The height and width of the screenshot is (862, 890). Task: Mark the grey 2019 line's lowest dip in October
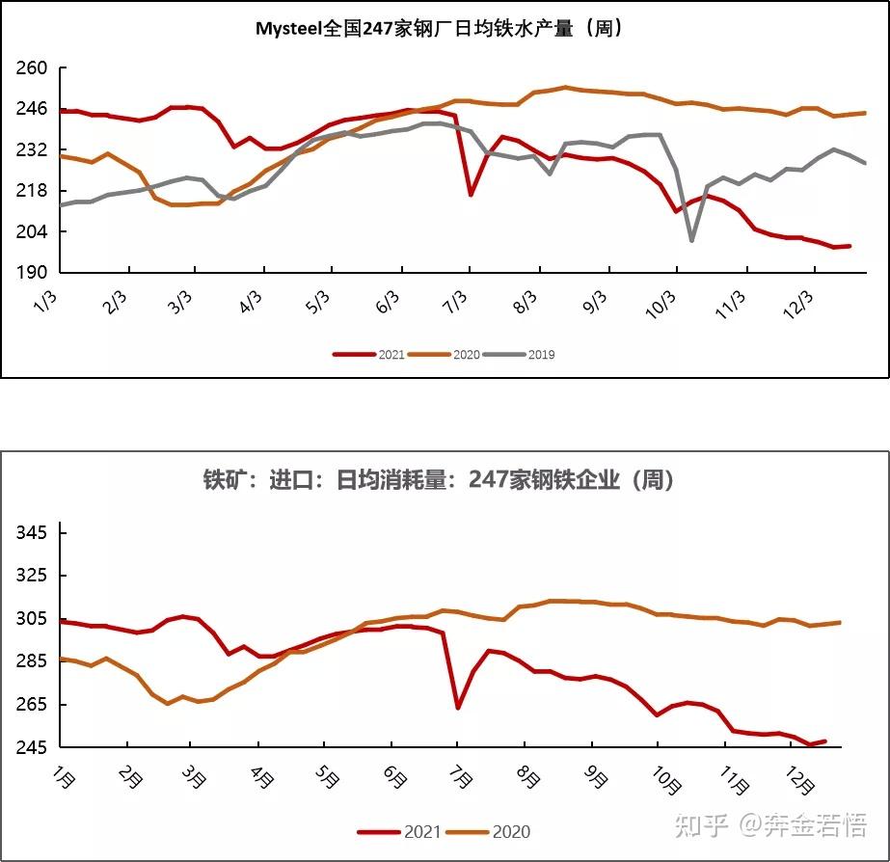click(x=691, y=240)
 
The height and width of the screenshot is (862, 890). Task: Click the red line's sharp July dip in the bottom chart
click(x=457, y=708)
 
